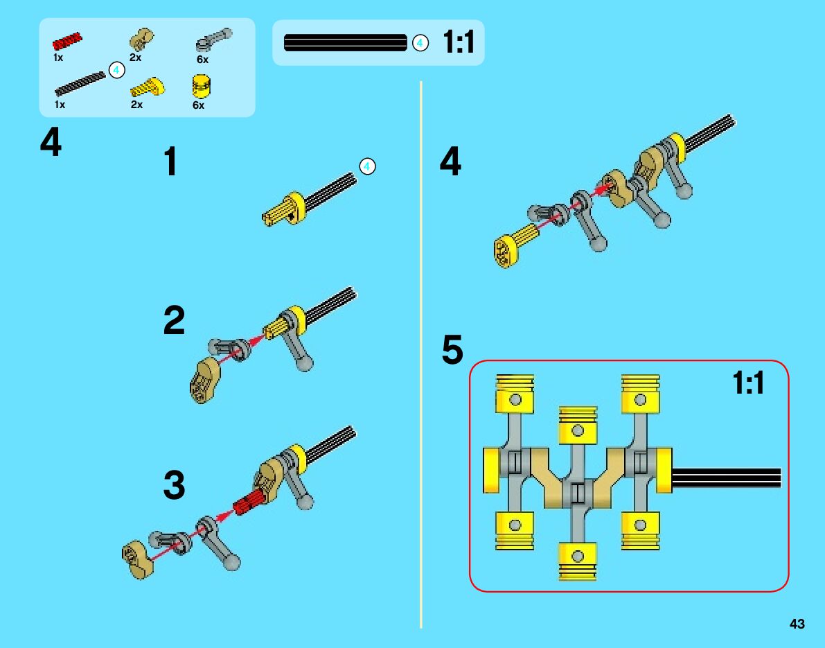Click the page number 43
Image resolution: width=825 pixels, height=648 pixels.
pos(797,624)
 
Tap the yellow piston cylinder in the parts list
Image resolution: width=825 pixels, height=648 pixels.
pos(201,87)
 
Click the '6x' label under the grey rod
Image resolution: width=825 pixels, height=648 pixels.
pos(202,60)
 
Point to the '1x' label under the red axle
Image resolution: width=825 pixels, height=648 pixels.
pos(58,58)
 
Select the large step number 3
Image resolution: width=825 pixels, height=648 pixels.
pos(174,485)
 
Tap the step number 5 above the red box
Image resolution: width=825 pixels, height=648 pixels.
pos(452,350)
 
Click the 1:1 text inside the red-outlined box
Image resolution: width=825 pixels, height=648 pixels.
pos(749,383)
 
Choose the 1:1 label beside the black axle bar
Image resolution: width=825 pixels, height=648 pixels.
pos(459,43)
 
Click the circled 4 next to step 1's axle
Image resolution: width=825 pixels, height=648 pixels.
pos(367,166)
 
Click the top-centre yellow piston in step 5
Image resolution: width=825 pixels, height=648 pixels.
pos(577,424)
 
